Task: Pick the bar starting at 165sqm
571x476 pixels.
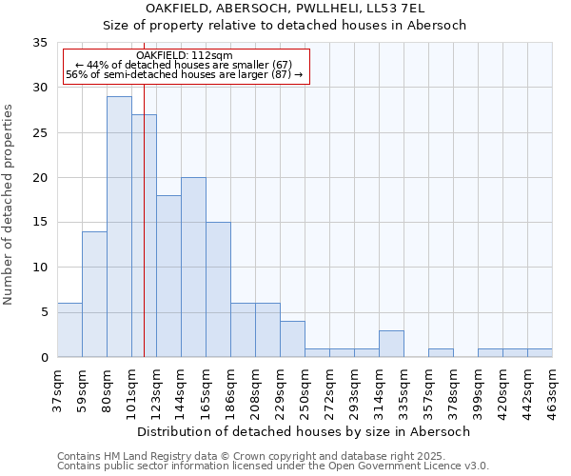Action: [x=218, y=289]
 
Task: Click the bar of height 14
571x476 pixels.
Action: [x=94, y=294]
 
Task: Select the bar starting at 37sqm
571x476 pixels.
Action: [x=69, y=329]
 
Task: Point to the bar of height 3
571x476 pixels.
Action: [x=391, y=344]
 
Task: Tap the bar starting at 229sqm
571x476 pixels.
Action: [x=292, y=339]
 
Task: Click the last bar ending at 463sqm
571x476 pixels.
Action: [x=540, y=353]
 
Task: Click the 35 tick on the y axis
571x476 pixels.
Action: [x=40, y=43]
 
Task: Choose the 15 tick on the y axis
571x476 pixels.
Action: [x=40, y=223]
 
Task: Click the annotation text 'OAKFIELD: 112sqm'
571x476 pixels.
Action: [x=185, y=55]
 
